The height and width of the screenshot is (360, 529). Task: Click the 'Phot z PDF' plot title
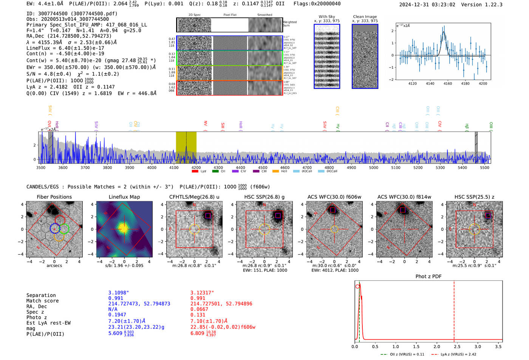(428, 277)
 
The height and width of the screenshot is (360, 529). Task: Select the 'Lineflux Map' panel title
(124, 197)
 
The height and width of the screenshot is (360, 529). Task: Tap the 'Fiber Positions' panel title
(54, 197)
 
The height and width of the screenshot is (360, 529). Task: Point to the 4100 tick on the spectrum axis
(174, 167)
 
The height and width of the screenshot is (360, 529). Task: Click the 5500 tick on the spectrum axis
(484, 167)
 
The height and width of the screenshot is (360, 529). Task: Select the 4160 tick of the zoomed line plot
(448, 83)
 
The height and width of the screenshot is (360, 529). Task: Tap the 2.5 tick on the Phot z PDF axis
(457, 346)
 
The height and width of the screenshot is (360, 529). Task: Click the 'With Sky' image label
(326, 17)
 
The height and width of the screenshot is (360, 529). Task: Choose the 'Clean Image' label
(365, 17)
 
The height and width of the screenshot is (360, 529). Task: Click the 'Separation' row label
(41, 295)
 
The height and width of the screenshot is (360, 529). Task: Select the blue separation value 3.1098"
(119, 293)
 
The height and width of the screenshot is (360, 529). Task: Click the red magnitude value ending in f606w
(223, 327)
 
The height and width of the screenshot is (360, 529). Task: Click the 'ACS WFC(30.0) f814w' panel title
(404, 197)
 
